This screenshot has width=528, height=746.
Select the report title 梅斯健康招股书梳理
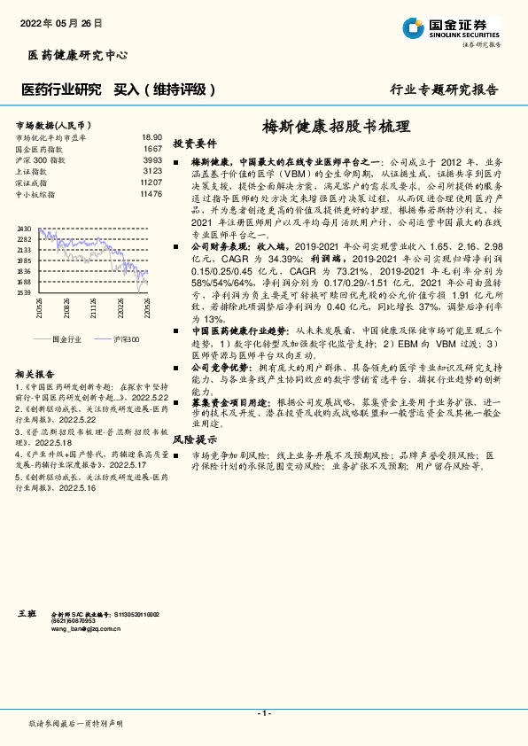click(337, 126)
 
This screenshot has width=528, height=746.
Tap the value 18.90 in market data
click(151, 138)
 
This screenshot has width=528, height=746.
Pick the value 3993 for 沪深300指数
click(152, 160)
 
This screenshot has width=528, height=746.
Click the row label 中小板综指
click(38, 193)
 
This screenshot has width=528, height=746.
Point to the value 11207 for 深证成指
click(151, 183)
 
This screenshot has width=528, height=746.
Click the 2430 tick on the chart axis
click(24, 229)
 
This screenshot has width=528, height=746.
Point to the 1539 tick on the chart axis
click(24, 291)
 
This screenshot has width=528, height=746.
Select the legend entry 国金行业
click(67, 339)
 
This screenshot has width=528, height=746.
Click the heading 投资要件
click(195, 143)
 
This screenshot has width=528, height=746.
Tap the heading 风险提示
click(195, 439)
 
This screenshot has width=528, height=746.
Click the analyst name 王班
click(27, 612)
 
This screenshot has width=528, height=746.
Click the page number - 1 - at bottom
click(263, 713)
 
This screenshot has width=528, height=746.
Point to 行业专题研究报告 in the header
click(444, 89)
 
